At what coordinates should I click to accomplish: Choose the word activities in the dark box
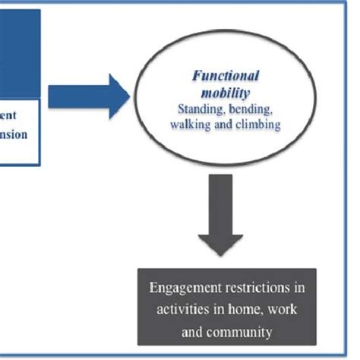(177, 311)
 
